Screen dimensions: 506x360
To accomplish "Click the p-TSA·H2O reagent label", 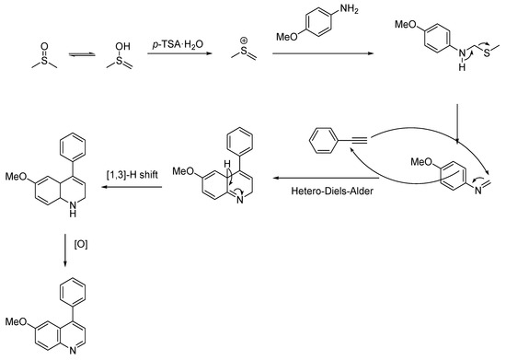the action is tap(178, 44).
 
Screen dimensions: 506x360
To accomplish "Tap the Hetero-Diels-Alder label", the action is tap(332, 191).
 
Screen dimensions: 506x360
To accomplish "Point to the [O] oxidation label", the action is tap(81, 244).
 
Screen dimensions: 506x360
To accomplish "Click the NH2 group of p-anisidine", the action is tap(349, 9).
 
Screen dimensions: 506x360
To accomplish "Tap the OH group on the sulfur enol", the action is tap(122, 46).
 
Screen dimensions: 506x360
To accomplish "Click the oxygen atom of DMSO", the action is tap(44, 46).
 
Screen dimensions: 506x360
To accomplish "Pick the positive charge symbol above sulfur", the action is tap(244, 41).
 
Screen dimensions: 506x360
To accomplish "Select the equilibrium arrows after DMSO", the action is tap(82, 55).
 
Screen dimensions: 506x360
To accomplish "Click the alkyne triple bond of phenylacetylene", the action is tap(359, 140).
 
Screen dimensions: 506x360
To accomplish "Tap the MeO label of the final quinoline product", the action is tap(16, 321).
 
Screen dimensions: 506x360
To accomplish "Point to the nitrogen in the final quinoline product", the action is tap(73, 351).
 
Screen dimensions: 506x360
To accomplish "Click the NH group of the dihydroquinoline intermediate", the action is tap(73, 209).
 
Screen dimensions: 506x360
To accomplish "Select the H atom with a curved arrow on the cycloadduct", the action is tap(227, 164).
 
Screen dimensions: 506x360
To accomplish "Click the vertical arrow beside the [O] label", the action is tap(65, 250).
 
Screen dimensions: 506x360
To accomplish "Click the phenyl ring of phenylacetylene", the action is tap(324, 140).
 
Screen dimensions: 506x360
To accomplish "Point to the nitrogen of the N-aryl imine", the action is tap(477, 191).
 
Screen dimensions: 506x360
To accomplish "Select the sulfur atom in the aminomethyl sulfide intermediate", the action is tap(487, 52).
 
